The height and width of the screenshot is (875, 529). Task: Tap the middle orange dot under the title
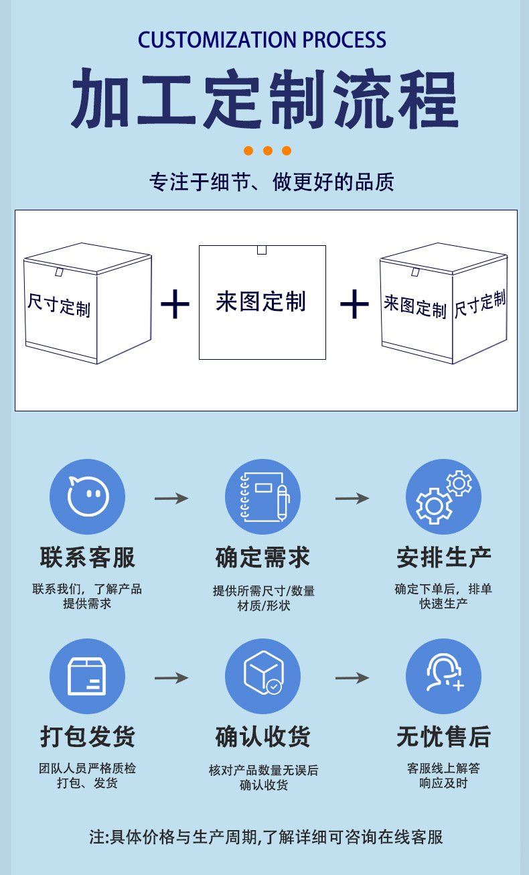point(268,151)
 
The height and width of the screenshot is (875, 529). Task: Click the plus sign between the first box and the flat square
point(175,304)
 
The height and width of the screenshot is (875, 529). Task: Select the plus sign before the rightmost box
point(354,304)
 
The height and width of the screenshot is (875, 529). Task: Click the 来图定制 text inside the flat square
point(260,301)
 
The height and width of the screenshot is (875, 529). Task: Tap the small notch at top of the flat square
point(262,250)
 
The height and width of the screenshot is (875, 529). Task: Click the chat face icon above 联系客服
point(88,496)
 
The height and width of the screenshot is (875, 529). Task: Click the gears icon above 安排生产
point(443,496)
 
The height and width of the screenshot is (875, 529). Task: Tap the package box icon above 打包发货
point(88,676)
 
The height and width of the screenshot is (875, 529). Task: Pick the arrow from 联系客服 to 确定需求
point(171,498)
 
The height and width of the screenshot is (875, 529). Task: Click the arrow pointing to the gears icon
point(352,498)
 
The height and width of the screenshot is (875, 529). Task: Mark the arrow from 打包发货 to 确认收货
point(171,678)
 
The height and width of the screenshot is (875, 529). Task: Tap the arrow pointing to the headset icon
point(352,678)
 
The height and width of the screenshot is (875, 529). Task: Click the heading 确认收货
point(262,737)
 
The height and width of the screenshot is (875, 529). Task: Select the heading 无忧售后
point(444,737)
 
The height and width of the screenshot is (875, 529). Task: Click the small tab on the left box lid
point(59,272)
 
